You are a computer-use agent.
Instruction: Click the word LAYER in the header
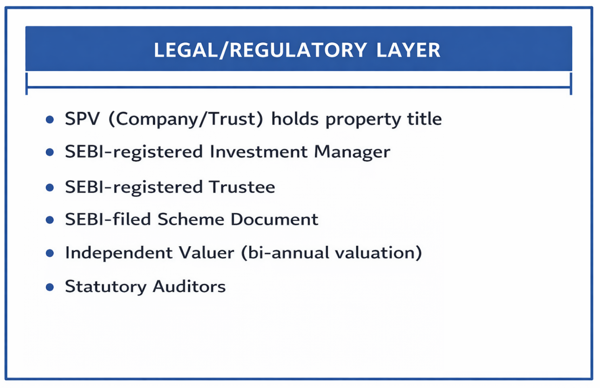pyautogui.click(x=408, y=50)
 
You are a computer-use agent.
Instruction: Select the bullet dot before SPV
pyautogui.click(x=50, y=120)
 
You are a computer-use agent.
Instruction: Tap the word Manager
pyautogui.click(x=352, y=152)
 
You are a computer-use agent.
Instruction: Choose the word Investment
pyautogui.click(x=258, y=152)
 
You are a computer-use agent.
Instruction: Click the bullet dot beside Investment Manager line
pyautogui.click(x=50, y=152)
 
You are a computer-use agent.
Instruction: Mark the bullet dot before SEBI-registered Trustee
pyautogui.click(x=50, y=188)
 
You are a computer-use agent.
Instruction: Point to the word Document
pyautogui.click(x=274, y=220)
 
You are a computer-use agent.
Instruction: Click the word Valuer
pyautogui.click(x=206, y=253)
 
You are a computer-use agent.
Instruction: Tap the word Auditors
pyautogui.click(x=189, y=287)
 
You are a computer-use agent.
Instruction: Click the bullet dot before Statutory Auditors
pyautogui.click(x=50, y=287)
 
